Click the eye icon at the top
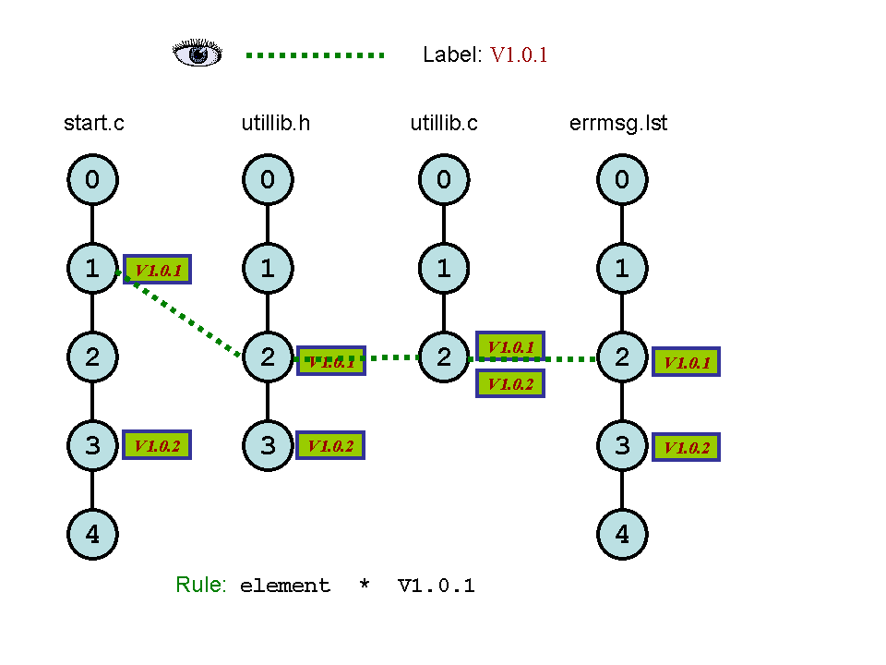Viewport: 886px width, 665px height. (x=198, y=54)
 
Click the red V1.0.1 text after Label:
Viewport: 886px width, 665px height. (x=519, y=54)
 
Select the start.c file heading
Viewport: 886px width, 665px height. (x=93, y=123)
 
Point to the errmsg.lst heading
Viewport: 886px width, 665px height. (x=618, y=123)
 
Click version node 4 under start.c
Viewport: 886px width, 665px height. (x=92, y=534)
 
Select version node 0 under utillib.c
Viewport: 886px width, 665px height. (x=444, y=179)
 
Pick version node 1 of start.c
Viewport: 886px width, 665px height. (x=92, y=269)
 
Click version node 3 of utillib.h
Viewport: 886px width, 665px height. (x=268, y=445)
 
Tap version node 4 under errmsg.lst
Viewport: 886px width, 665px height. (x=621, y=534)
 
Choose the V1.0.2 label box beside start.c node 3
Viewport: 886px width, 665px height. (x=157, y=445)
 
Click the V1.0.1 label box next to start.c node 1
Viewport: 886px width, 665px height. (x=158, y=270)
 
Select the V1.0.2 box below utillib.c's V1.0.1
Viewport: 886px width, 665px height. (x=510, y=383)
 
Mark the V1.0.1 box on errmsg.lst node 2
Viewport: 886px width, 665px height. (x=686, y=362)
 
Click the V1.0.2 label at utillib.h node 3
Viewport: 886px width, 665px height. (x=330, y=445)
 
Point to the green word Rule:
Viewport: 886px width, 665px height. (x=200, y=585)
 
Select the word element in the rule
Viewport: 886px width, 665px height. (x=284, y=586)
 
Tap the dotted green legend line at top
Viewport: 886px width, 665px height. (x=315, y=55)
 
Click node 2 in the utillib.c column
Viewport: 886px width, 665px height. (x=444, y=357)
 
